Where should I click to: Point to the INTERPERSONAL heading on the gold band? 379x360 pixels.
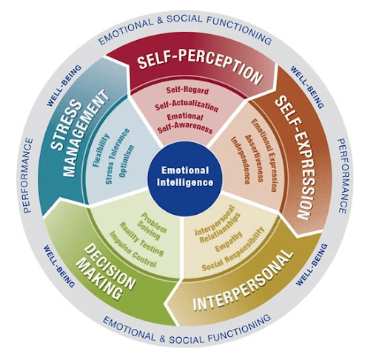pos(243,281)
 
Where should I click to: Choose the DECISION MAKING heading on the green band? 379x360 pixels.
pos(105,273)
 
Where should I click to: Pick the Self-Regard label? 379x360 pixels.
pos(187,90)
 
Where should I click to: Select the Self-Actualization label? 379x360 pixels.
pos(187,107)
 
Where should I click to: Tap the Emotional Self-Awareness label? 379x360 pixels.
pos(185,123)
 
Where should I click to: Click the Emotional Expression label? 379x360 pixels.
pos(264,155)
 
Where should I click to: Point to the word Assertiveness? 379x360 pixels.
pos(254,159)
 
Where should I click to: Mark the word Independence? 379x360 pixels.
pos(241,161)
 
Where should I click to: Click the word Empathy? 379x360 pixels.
pos(229,242)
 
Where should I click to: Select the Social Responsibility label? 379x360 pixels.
pos(233,249)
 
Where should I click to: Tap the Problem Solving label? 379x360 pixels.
pos(151,227)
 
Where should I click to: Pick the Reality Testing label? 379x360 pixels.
pos(141,239)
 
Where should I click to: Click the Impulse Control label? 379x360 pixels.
pos(133,250)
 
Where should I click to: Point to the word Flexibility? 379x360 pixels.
pos(101,150)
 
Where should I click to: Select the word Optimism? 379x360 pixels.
pos(127,161)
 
